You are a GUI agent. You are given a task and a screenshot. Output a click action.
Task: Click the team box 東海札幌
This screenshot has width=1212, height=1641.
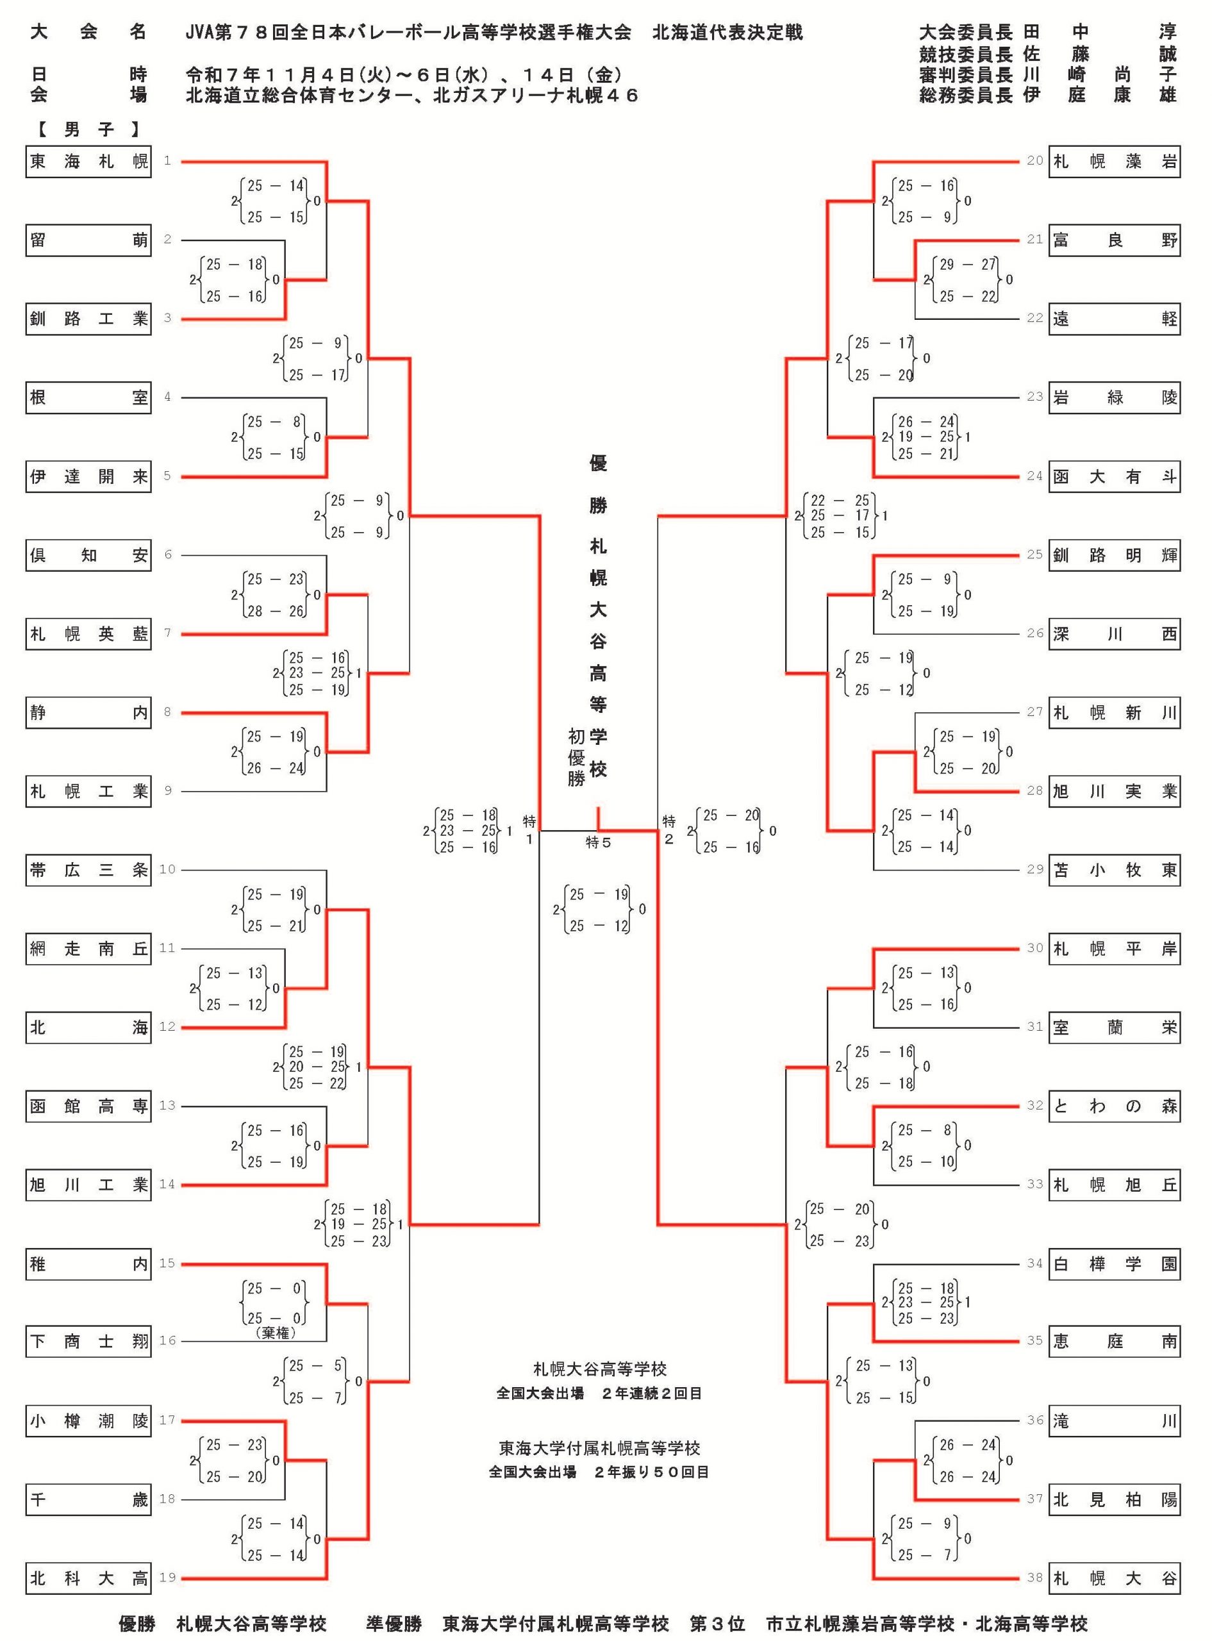click(x=88, y=162)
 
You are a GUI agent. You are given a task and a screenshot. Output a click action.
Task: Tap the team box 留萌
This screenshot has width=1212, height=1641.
click(x=88, y=240)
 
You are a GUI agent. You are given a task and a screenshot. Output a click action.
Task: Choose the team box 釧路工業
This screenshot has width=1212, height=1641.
click(x=88, y=319)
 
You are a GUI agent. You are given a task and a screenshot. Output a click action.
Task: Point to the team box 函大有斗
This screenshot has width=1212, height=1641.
click(x=1114, y=477)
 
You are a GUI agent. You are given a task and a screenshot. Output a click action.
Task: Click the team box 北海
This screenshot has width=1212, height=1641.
click(x=88, y=1028)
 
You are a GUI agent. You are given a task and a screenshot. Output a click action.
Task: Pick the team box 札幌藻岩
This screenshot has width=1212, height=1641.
click(x=1114, y=162)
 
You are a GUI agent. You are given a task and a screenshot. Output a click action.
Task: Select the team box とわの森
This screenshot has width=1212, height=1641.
click(x=1114, y=1106)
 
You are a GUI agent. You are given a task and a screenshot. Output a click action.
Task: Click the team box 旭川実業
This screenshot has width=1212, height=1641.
click(x=1114, y=792)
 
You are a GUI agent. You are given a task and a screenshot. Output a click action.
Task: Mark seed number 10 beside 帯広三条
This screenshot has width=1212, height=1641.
click(x=167, y=869)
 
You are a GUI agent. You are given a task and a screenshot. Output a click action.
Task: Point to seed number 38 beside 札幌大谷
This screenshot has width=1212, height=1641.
click(x=1034, y=1577)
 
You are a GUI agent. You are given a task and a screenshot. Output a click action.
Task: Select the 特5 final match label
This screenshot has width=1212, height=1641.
click(x=599, y=843)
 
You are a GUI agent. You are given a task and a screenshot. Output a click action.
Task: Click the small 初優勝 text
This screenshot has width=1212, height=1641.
click(x=577, y=757)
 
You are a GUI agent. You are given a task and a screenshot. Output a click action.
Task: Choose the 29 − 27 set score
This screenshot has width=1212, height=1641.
click(x=968, y=264)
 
